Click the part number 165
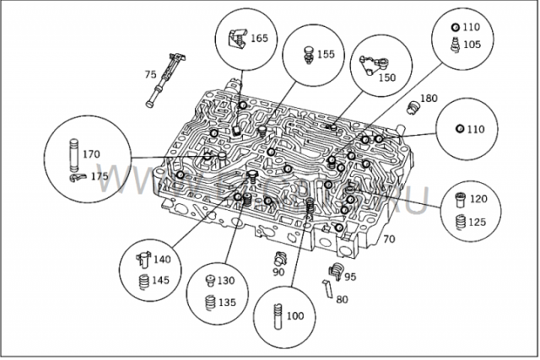[259, 39]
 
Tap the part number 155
[326, 54]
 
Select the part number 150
[386, 78]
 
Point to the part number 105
[473, 44]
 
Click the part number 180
[429, 99]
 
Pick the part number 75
[150, 74]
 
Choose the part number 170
[91, 154]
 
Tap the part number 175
[100, 176]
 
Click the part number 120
[478, 199]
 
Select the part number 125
[478, 222]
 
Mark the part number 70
[389, 239]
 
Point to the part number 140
[161, 260]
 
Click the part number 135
[226, 303]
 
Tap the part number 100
[294, 316]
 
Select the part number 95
[349, 277]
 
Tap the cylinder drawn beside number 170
[73, 154]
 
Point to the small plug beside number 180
[413, 106]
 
